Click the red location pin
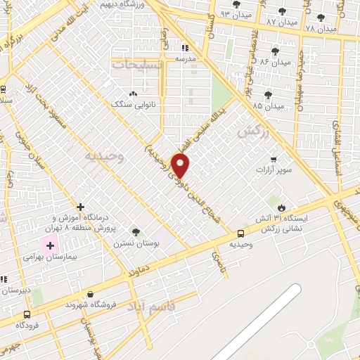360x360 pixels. point(181,165)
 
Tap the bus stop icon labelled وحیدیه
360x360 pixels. point(241,233)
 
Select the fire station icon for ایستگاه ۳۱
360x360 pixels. point(282,208)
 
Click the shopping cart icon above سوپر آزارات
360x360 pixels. point(273,159)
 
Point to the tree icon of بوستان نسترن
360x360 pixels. point(136,232)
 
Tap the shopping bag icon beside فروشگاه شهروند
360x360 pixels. point(90,295)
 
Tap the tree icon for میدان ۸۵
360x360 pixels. point(268,95)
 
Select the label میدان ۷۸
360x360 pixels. point(321,28)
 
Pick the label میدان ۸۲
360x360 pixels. point(275,62)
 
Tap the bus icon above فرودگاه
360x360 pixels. point(27,314)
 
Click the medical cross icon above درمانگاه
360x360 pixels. point(81,207)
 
